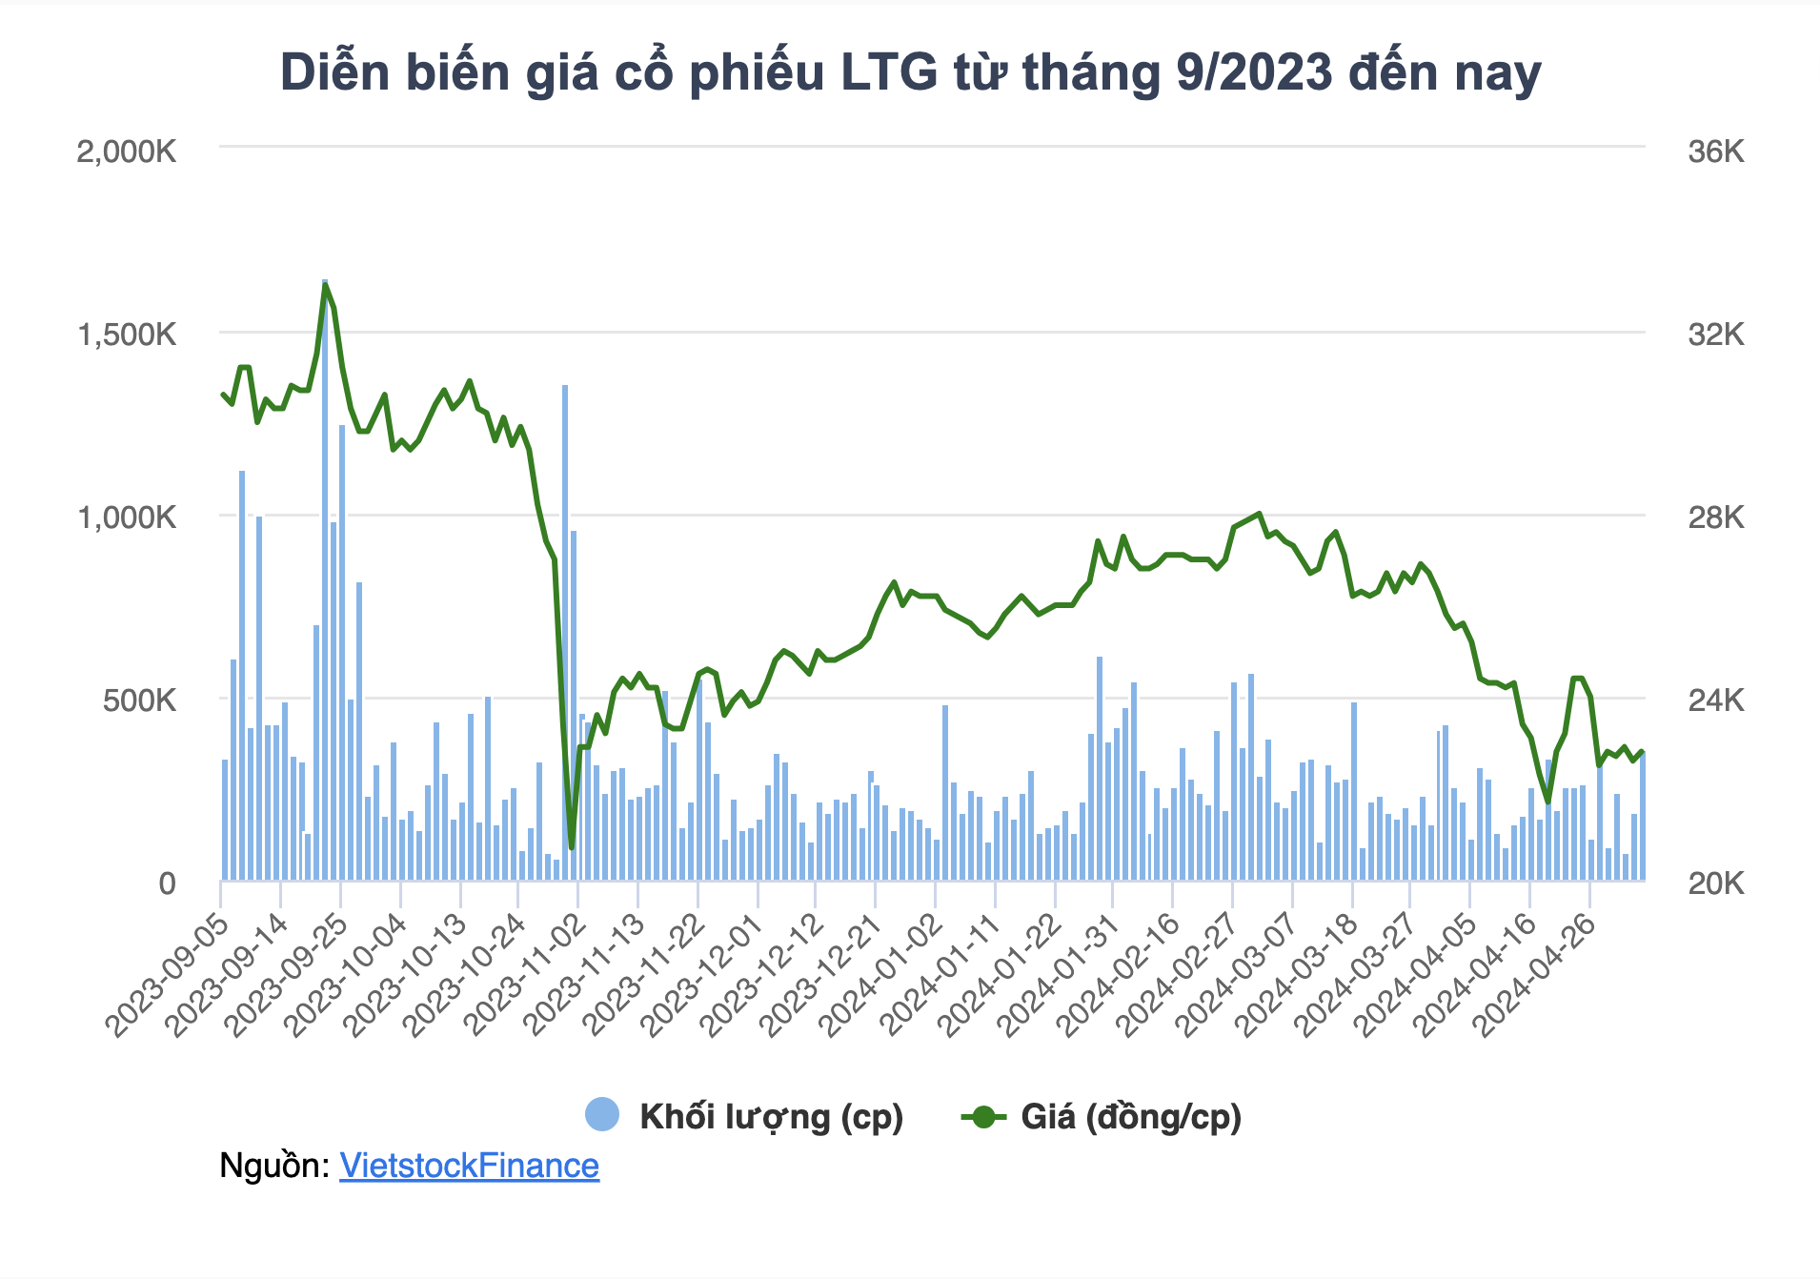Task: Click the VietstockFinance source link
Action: [469, 1166]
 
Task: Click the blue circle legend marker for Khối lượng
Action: [602, 1115]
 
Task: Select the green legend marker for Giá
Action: [983, 1116]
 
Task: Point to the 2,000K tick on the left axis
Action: [127, 152]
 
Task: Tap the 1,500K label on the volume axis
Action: [127, 335]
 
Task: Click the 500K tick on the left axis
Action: [139, 700]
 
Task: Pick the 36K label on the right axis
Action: [1715, 152]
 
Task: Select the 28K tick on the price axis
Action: [1715, 518]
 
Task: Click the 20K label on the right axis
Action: [1715, 883]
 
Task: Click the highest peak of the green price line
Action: [325, 284]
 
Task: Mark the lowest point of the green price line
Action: [571, 847]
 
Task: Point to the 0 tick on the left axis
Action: [167, 883]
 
